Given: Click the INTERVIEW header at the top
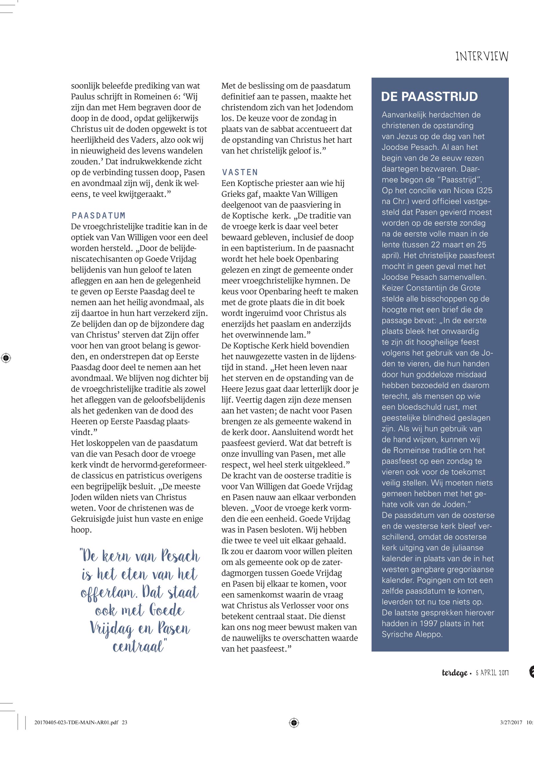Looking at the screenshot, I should (482, 56).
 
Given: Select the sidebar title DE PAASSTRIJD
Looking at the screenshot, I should (429, 96).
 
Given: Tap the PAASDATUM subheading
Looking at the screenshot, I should (99, 215).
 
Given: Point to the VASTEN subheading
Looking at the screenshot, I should (240, 172).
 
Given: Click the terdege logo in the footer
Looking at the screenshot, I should (454, 673).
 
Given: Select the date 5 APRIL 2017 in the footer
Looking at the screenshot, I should (492, 673).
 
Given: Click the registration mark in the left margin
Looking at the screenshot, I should (6, 358).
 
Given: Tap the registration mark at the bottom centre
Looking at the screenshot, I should (294, 723).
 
